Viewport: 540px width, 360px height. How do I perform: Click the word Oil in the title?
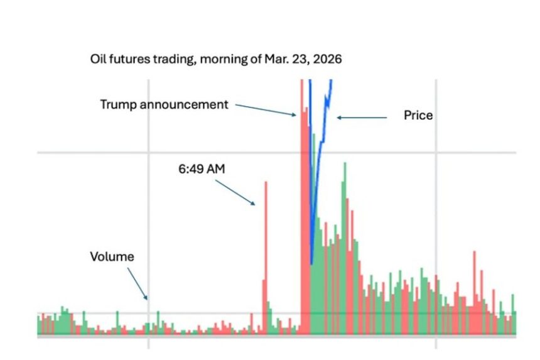coord(98,59)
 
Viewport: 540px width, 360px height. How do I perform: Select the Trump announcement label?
coord(164,104)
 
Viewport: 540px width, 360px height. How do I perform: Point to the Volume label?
coord(112,256)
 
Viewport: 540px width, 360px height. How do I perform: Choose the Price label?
coord(418,116)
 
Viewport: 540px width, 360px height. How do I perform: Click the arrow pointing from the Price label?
coord(362,117)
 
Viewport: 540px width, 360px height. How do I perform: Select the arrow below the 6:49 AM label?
coord(235,192)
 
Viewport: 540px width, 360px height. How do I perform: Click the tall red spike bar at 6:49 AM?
coord(266,251)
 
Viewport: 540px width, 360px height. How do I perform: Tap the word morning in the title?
coord(208,59)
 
